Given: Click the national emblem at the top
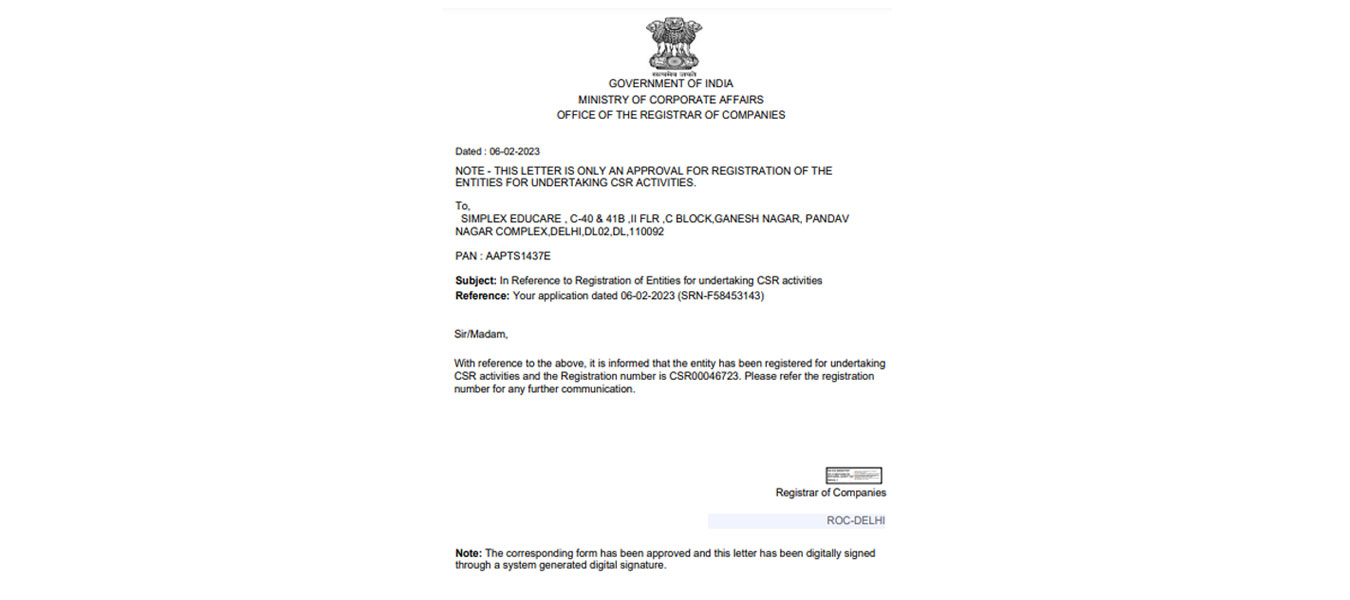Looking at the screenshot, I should (x=673, y=45).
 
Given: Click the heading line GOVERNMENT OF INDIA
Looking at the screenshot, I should (x=671, y=84).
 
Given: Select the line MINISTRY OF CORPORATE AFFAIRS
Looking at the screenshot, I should (x=671, y=100).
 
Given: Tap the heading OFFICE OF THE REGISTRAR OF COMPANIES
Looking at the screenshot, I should (x=671, y=115).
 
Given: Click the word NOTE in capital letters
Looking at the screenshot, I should (x=469, y=171).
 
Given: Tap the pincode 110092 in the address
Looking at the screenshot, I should (x=645, y=232).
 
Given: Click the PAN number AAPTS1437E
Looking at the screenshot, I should (x=518, y=257).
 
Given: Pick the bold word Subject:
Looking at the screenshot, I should (x=476, y=281).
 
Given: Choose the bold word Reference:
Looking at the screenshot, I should (x=482, y=296).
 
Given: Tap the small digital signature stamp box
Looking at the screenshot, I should (x=853, y=476).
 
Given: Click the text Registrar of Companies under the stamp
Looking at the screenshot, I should (x=830, y=493).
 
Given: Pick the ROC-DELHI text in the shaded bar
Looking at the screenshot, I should (x=855, y=521).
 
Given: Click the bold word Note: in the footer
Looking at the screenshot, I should (x=468, y=553).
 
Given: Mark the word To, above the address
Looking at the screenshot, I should (x=462, y=206).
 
